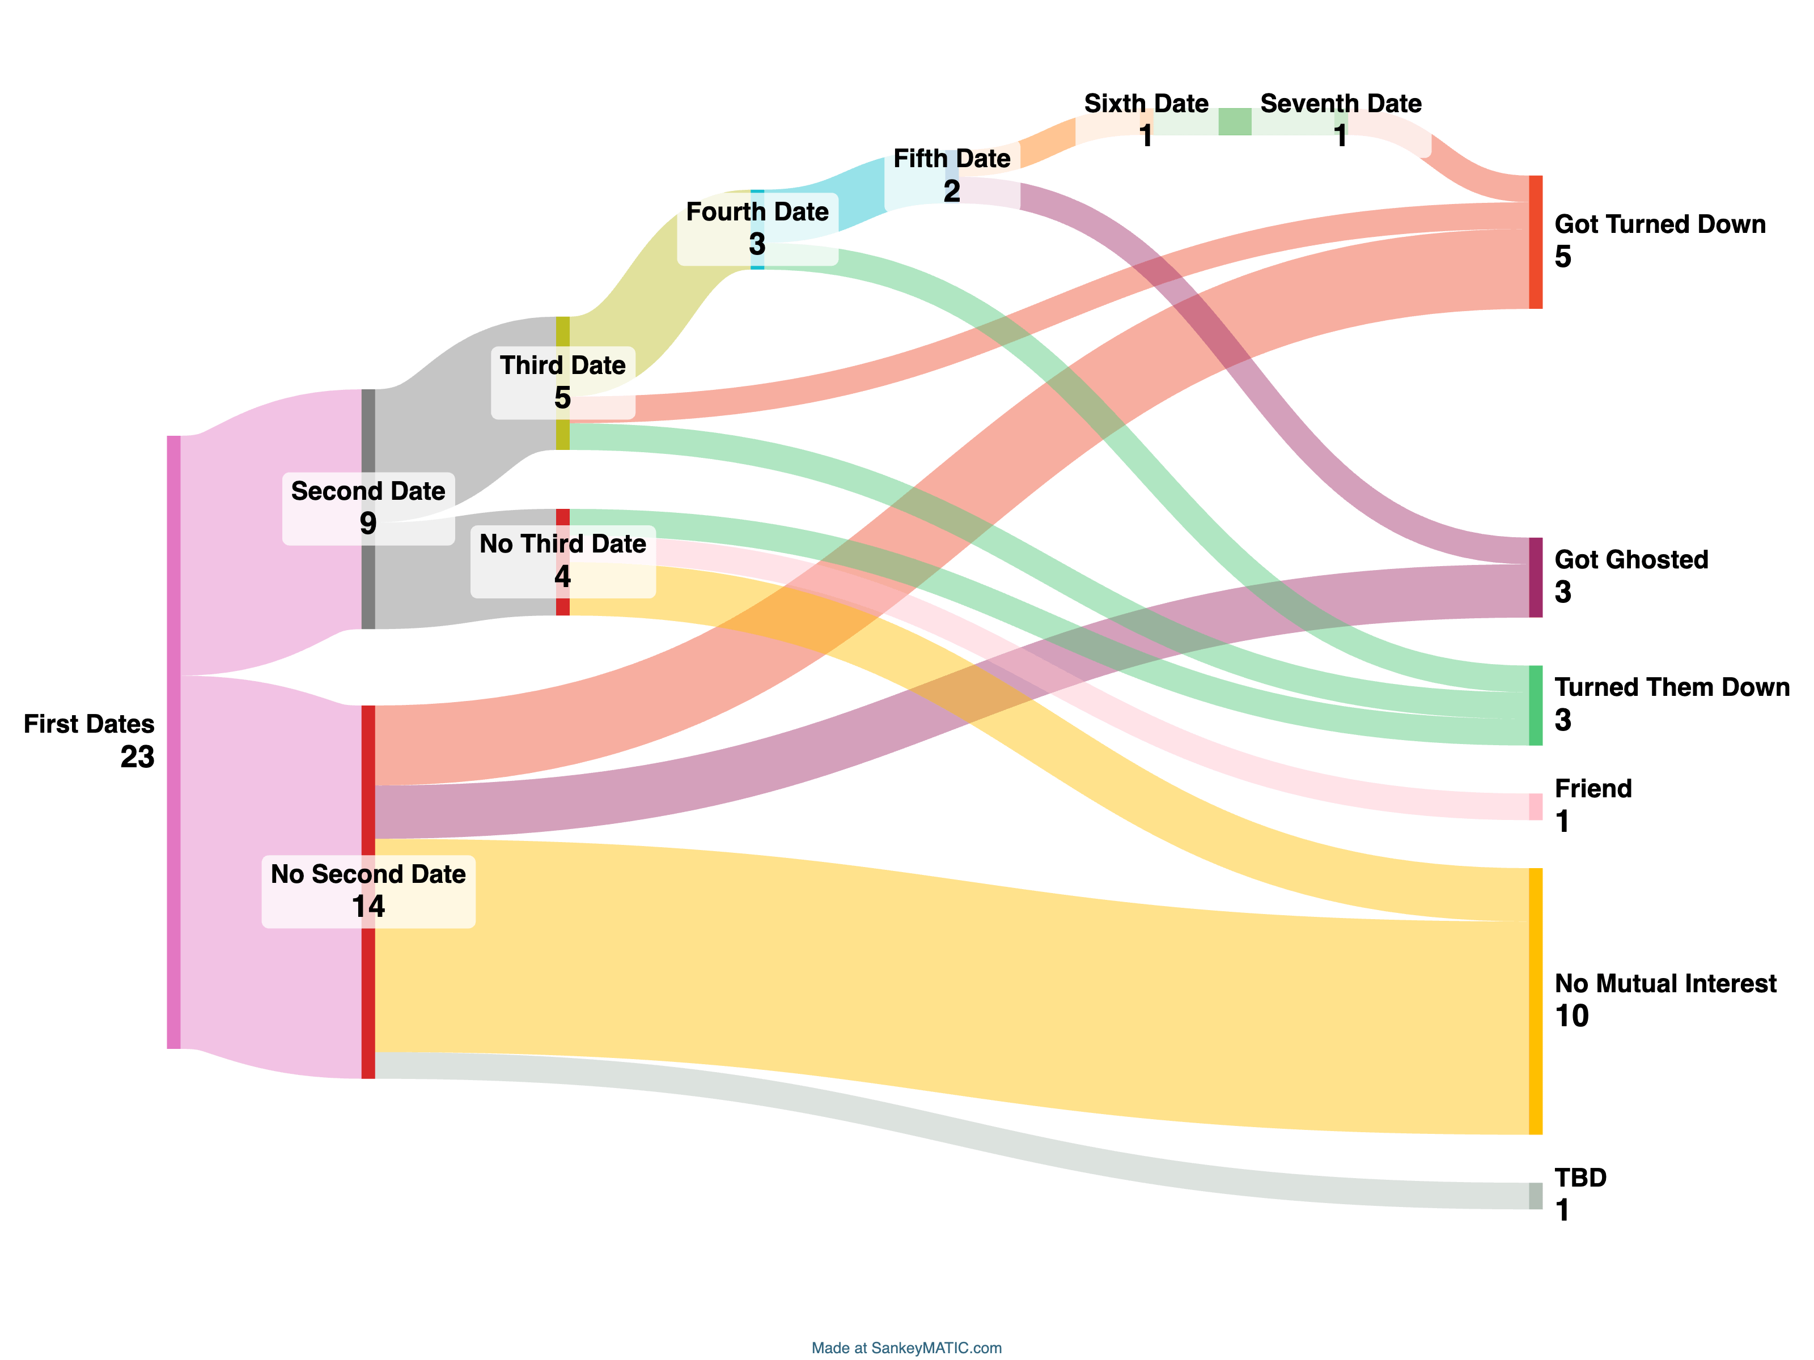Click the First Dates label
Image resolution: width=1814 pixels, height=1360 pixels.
point(88,724)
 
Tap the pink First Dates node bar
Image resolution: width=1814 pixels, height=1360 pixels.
point(174,742)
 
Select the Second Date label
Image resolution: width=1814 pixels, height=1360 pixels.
point(368,491)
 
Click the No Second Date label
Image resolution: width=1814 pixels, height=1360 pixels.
point(368,874)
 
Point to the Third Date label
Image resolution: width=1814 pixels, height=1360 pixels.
point(562,365)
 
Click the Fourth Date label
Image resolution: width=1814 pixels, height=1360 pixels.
point(757,211)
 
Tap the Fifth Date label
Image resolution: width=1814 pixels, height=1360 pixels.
point(951,158)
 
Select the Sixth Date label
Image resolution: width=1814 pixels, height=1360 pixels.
point(1146,104)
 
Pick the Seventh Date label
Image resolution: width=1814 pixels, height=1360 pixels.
point(1340,104)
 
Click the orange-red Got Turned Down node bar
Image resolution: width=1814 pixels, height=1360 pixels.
point(1535,242)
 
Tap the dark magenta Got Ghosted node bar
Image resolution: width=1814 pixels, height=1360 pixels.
point(1535,577)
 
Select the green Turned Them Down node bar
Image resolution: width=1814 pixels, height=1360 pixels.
point(1535,705)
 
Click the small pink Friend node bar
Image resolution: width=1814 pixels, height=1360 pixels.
point(1535,807)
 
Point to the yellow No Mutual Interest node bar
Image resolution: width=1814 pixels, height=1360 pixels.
point(1535,1001)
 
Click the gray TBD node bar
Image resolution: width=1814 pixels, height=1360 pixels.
point(1535,1195)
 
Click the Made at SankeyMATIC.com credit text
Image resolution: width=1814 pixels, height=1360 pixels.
point(906,1348)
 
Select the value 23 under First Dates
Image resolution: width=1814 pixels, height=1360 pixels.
point(137,756)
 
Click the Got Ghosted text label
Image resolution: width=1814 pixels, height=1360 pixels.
point(1631,560)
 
